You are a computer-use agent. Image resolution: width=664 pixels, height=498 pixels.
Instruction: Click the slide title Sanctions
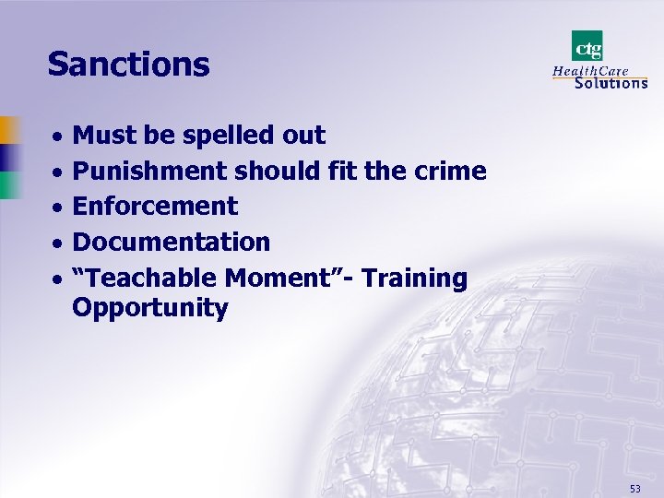[128, 65]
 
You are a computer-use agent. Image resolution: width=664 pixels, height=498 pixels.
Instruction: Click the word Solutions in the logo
[611, 82]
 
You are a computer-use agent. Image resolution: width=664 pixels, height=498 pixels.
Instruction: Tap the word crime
[451, 172]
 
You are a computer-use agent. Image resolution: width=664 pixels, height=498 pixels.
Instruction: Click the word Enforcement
[155, 206]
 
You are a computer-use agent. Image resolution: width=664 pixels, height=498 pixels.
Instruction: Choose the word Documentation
[171, 242]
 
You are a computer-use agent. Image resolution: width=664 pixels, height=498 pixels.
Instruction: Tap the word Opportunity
[149, 308]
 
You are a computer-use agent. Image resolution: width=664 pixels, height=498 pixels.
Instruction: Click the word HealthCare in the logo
[589, 69]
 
